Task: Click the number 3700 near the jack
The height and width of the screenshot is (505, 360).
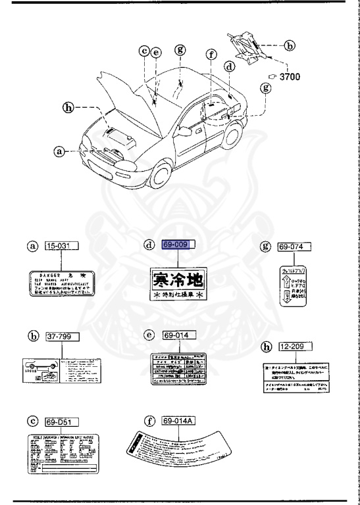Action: [290, 77]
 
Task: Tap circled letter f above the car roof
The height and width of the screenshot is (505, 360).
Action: [211, 55]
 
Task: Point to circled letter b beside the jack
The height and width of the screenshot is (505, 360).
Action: [289, 46]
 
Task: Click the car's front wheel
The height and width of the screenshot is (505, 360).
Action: [161, 177]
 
